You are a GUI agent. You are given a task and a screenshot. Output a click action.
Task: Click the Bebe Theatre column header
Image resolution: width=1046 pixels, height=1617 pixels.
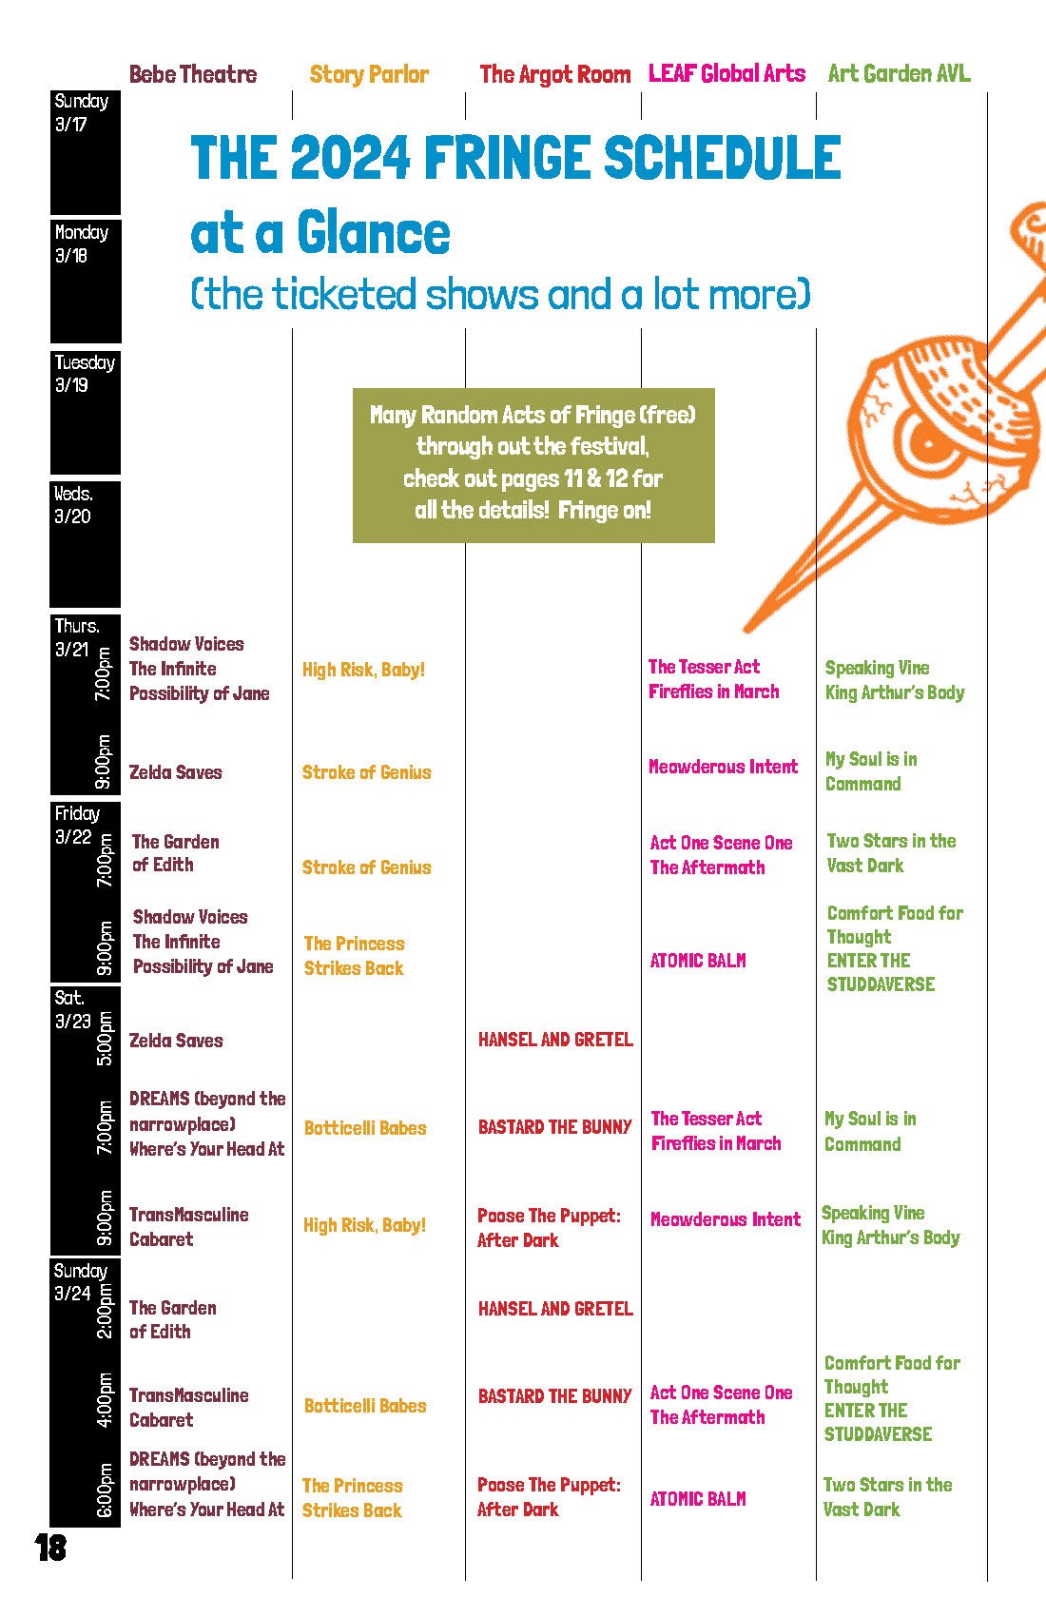[x=193, y=74]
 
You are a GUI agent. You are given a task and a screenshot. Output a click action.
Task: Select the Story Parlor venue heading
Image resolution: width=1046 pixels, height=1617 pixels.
[x=369, y=74]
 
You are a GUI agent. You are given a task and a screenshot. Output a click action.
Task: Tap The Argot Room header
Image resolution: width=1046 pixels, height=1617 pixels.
[x=554, y=74]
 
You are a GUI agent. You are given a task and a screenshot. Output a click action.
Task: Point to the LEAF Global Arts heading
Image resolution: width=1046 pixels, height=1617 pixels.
[x=726, y=73]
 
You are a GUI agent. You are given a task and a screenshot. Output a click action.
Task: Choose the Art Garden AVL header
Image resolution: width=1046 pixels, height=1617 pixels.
[x=899, y=73]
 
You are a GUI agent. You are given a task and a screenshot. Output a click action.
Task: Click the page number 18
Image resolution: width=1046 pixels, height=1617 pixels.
[x=50, y=1548]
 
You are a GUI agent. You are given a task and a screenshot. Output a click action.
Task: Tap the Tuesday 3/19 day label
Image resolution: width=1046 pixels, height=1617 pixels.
[x=84, y=374]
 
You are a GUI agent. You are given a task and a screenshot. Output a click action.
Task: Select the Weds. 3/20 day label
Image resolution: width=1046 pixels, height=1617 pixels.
[x=73, y=505]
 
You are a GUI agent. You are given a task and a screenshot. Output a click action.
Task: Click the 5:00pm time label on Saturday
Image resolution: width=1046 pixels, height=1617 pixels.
[x=105, y=1039]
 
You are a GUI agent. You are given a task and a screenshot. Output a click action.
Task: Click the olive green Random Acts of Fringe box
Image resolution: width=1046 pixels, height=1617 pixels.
[x=533, y=464]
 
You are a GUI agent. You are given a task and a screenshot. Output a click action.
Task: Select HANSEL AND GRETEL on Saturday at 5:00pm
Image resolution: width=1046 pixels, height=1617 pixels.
[x=555, y=1040]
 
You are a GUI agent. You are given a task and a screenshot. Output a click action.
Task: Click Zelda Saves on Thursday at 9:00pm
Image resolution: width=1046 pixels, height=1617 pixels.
[x=176, y=772]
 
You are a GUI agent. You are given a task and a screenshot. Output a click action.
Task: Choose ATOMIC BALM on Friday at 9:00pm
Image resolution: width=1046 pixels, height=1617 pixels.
[x=698, y=961]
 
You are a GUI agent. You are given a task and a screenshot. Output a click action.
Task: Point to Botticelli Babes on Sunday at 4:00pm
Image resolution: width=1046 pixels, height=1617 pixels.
[x=365, y=1406]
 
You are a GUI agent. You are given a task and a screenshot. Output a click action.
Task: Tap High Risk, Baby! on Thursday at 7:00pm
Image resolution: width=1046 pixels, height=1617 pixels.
[x=363, y=670]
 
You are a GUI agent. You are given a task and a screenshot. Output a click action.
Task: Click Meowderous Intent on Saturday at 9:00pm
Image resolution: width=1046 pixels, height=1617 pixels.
[x=726, y=1219]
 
